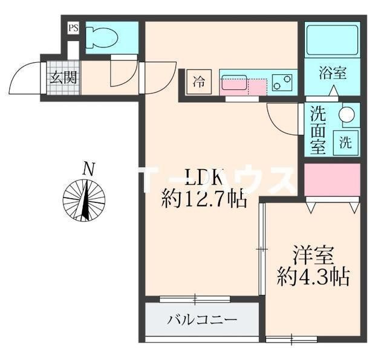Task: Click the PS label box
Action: coord(73,27)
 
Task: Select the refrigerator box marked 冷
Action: coord(199,82)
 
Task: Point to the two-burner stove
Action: coord(282,81)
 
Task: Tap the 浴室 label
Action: coord(332,74)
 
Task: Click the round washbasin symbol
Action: coord(347,114)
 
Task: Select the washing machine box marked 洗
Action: coord(345,143)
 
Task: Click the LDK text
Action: coord(204,178)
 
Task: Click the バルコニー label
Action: coord(202,320)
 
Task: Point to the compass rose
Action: coord(85,199)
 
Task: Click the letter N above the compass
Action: coord(89,169)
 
